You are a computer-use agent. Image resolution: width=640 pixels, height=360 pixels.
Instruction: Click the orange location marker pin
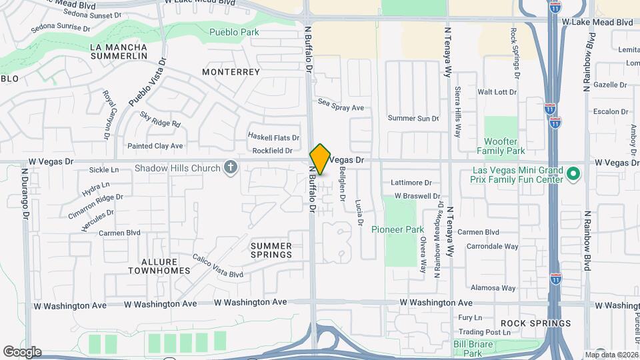click(320, 159)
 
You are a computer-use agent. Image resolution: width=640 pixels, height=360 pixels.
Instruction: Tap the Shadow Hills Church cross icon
click(231, 167)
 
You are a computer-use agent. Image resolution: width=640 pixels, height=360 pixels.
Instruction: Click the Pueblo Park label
click(233, 32)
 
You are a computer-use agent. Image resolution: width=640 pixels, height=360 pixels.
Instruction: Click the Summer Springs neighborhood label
click(271, 250)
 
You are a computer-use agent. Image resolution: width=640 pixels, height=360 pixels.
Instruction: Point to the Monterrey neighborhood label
click(231, 71)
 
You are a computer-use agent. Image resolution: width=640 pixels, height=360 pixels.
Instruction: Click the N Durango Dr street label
click(25, 193)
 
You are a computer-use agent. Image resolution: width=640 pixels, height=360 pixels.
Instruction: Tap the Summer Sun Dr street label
click(413, 118)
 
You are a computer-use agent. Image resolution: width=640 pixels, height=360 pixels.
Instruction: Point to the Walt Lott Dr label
click(497, 92)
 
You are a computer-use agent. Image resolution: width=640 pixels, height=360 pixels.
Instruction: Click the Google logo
click(21, 352)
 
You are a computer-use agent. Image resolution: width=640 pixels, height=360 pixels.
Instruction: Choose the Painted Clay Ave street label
click(155, 145)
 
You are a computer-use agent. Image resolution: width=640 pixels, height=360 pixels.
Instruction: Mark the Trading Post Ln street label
click(479, 332)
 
